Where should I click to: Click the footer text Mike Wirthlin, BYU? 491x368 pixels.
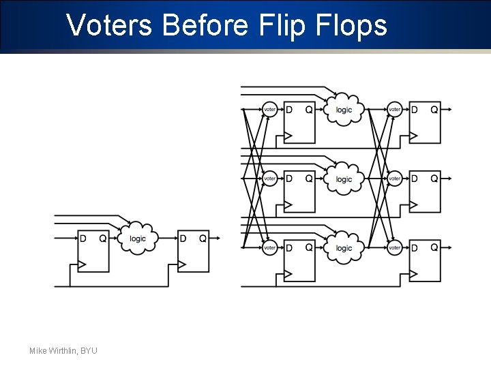pyautogui.click(x=63, y=350)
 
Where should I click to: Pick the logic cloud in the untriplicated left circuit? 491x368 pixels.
pyautogui.click(x=138, y=239)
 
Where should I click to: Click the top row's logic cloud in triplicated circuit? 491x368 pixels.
pyautogui.click(x=344, y=109)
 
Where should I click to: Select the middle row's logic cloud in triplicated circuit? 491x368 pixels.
pyautogui.click(x=344, y=179)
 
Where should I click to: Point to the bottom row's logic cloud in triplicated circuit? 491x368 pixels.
pyautogui.click(x=344, y=248)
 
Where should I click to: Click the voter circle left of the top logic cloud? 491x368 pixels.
pyautogui.click(x=270, y=110)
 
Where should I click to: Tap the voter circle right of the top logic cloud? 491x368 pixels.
pyautogui.click(x=395, y=110)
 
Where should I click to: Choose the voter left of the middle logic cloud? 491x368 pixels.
pyautogui.click(x=270, y=179)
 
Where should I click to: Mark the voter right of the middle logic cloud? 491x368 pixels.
pyautogui.click(x=395, y=179)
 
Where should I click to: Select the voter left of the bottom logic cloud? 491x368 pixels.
pyautogui.click(x=270, y=248)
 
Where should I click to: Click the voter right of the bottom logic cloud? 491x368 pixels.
pyautogui.click(x=395, y=248)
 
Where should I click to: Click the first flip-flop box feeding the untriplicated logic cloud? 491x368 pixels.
pyautogui.click(x=93, y=252)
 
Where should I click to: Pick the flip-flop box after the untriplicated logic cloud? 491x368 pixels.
pyautogui.click(x=193, y=252)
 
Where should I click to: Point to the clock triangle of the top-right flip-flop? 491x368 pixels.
pyautogui.click(x=413, y=135)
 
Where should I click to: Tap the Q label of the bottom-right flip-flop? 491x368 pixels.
pyautogui.click(x=434, y=248)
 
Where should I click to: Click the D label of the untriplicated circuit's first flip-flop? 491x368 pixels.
pyautogui.click(x=83, y=239)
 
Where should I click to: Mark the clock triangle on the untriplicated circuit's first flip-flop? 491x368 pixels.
pyautogui.click(x=82, y=264)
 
